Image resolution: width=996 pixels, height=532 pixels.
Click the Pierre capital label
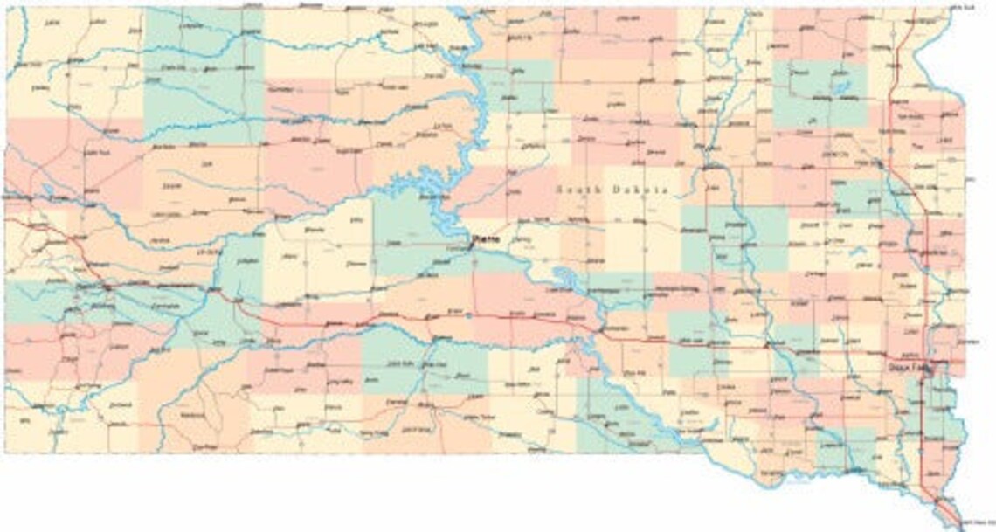point(483,237)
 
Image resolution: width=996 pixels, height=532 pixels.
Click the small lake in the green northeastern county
point(842,88)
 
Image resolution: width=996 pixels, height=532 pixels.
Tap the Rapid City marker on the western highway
point(105,286)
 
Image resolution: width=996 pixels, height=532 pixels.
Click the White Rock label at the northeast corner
point(961,7)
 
